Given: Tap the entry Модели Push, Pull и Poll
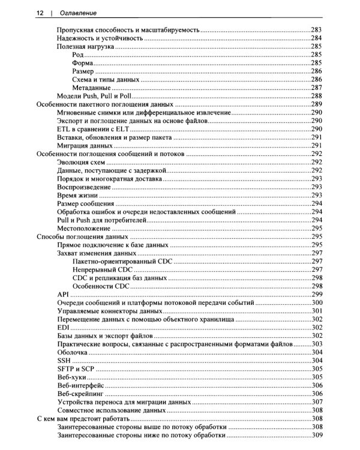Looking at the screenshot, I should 94,95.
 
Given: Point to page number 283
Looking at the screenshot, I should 316,29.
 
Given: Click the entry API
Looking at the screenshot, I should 63,295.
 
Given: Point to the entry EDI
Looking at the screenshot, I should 63,328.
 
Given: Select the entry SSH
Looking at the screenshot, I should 64,361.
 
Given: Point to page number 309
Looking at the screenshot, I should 316,436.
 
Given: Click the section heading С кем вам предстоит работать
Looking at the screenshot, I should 83,419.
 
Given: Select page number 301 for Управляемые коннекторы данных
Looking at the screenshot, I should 316,311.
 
